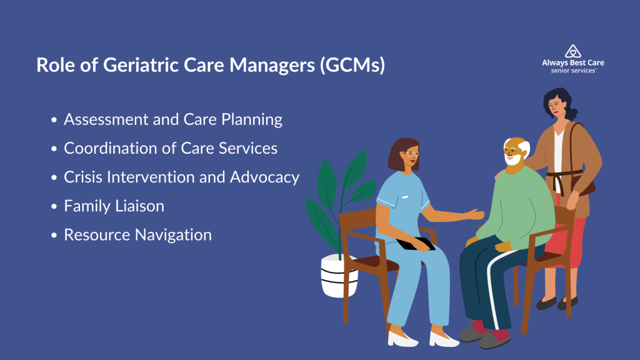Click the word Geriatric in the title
click(x=141, y=64)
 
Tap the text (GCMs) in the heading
click(x=352, y=64)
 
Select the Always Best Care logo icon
click(x=573, y=51)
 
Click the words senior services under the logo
click(x=573, y=71)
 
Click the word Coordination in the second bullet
click(x=111, y=148)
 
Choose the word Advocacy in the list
click(x=264, y=177)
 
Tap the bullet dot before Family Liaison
click(x=54, y=206)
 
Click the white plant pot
click(x=339, y=276)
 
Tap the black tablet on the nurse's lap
click(x=416, y=244)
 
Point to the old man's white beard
click(x=512, y=159)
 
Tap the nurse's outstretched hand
click(x=476, y=214)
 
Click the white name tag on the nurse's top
click(x=405, y=197)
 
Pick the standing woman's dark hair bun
click(x=573, y=113)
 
